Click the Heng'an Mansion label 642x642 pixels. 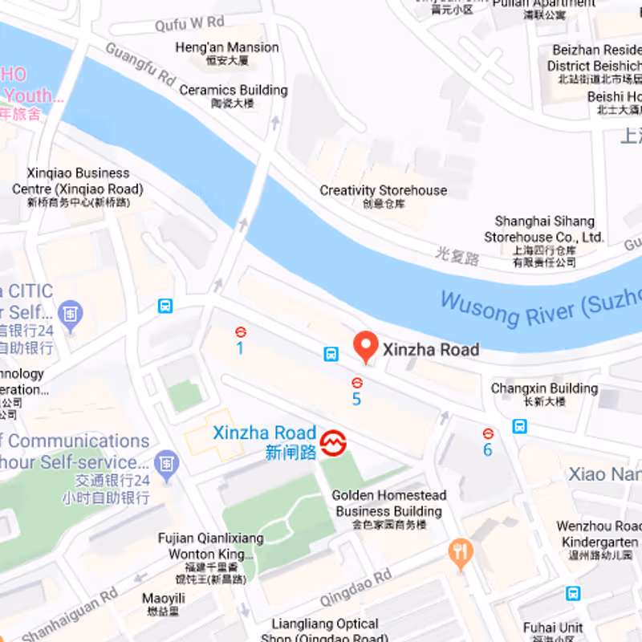click(x=227, y=53)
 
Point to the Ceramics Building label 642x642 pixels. click(x=233, y=95)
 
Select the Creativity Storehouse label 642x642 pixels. click(x=383, y=196)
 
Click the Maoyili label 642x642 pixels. click(x=164, y=603)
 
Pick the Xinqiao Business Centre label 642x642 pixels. click(x=78, y=186)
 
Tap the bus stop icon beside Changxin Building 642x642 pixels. click(x=519, y=425)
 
